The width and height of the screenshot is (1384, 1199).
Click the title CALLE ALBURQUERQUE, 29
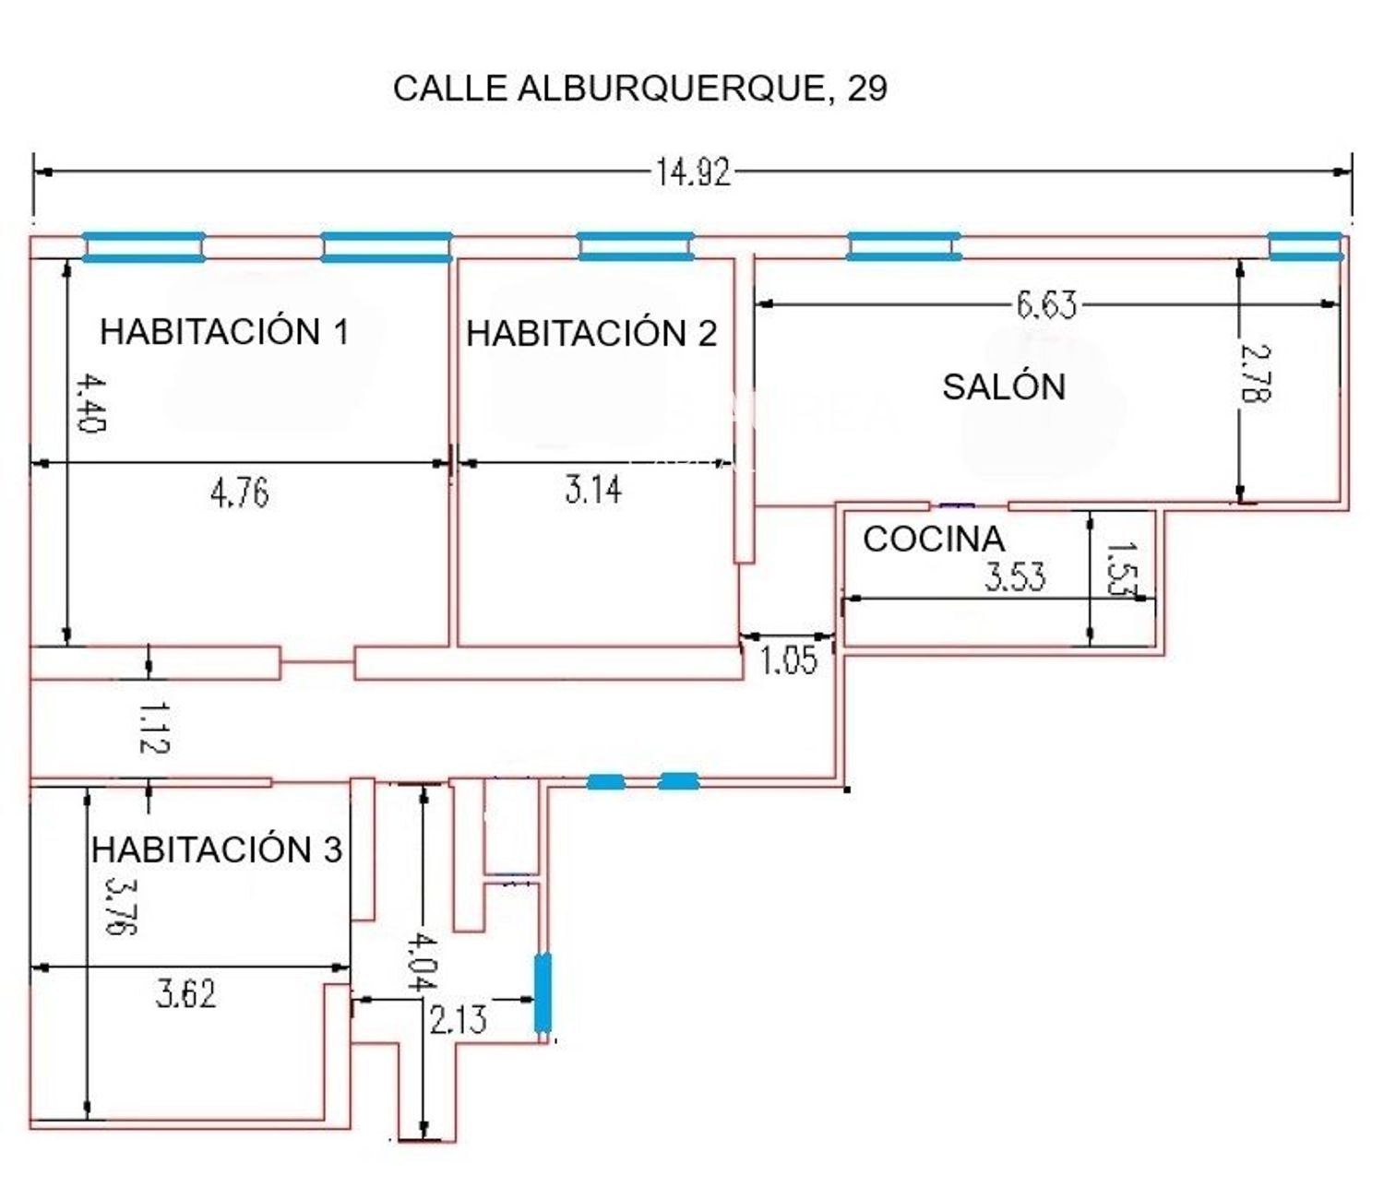tap(640, 89)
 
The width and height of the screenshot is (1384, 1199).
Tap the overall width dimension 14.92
tap(692, 172)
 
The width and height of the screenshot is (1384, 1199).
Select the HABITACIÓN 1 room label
tap(224, 331)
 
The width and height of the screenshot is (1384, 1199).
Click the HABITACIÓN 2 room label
tap(591, 332)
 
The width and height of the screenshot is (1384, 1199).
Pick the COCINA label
tap(934, 539)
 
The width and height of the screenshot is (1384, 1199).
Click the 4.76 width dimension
tap(240, 493)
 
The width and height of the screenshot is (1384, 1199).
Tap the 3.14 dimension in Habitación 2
tap(593, 490)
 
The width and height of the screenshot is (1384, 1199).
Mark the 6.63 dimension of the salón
tap(1046, 305)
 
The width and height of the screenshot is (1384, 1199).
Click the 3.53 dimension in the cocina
tap(1015, 576)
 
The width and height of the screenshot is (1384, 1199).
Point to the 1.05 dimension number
tap(789, 659)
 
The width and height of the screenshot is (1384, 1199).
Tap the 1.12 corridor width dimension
tap(155, 728)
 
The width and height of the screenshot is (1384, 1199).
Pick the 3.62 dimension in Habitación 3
tap(185, 994)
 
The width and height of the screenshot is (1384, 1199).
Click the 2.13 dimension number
tap(458, 1020)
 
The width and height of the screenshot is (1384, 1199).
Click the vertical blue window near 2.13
tap(543, 993)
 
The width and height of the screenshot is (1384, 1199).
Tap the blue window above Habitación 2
tap(635, 245)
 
